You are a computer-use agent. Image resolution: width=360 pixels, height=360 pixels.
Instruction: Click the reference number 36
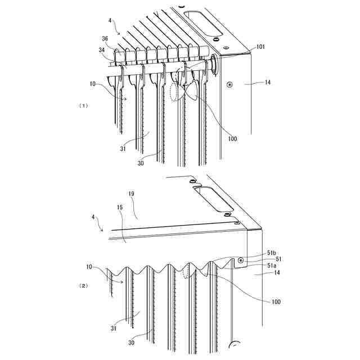pos(105,39)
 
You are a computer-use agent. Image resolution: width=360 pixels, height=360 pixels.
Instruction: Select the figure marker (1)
pos(84,105)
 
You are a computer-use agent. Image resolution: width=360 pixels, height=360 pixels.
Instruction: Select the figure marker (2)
pos(84,286)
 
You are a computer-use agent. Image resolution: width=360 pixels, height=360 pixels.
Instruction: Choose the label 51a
pos(272,266)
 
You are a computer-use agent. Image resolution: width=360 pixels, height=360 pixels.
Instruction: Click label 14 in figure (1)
pos(267,83)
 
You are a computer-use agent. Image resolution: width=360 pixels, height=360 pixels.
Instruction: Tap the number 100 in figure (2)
pos(276,302)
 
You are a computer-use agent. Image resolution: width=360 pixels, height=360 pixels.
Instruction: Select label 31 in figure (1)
pos(123,148)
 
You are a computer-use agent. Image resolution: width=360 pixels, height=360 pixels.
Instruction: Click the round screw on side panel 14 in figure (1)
pos(229,85)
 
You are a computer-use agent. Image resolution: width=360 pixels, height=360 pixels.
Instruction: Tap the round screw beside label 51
pos(240,260)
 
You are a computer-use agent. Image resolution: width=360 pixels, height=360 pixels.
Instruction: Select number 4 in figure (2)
pos(93,217)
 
